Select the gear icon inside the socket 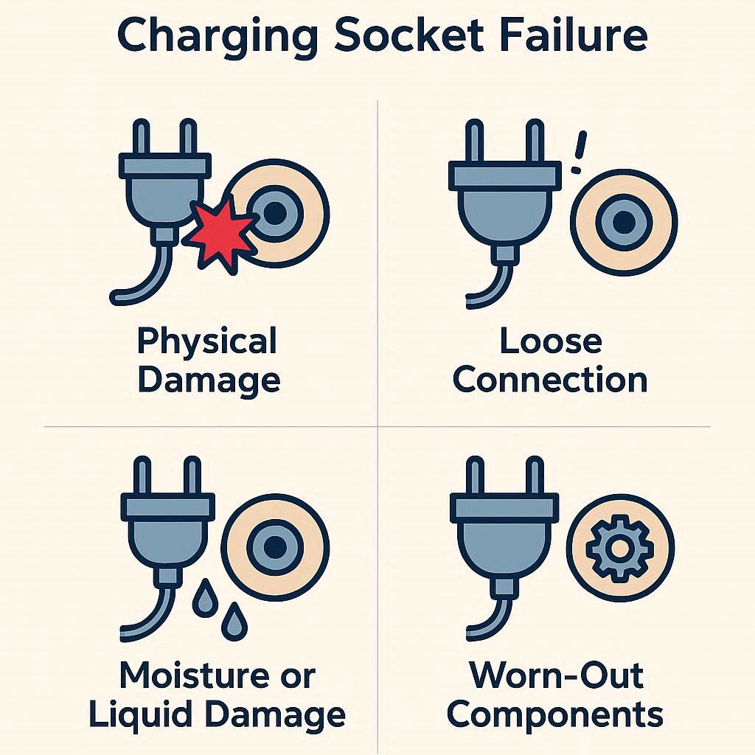pos(619,547)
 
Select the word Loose pos(551,341)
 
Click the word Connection pos(550,380)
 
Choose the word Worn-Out pos(557,675)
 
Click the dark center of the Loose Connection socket pos(624,222)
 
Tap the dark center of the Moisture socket pos(275,546)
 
